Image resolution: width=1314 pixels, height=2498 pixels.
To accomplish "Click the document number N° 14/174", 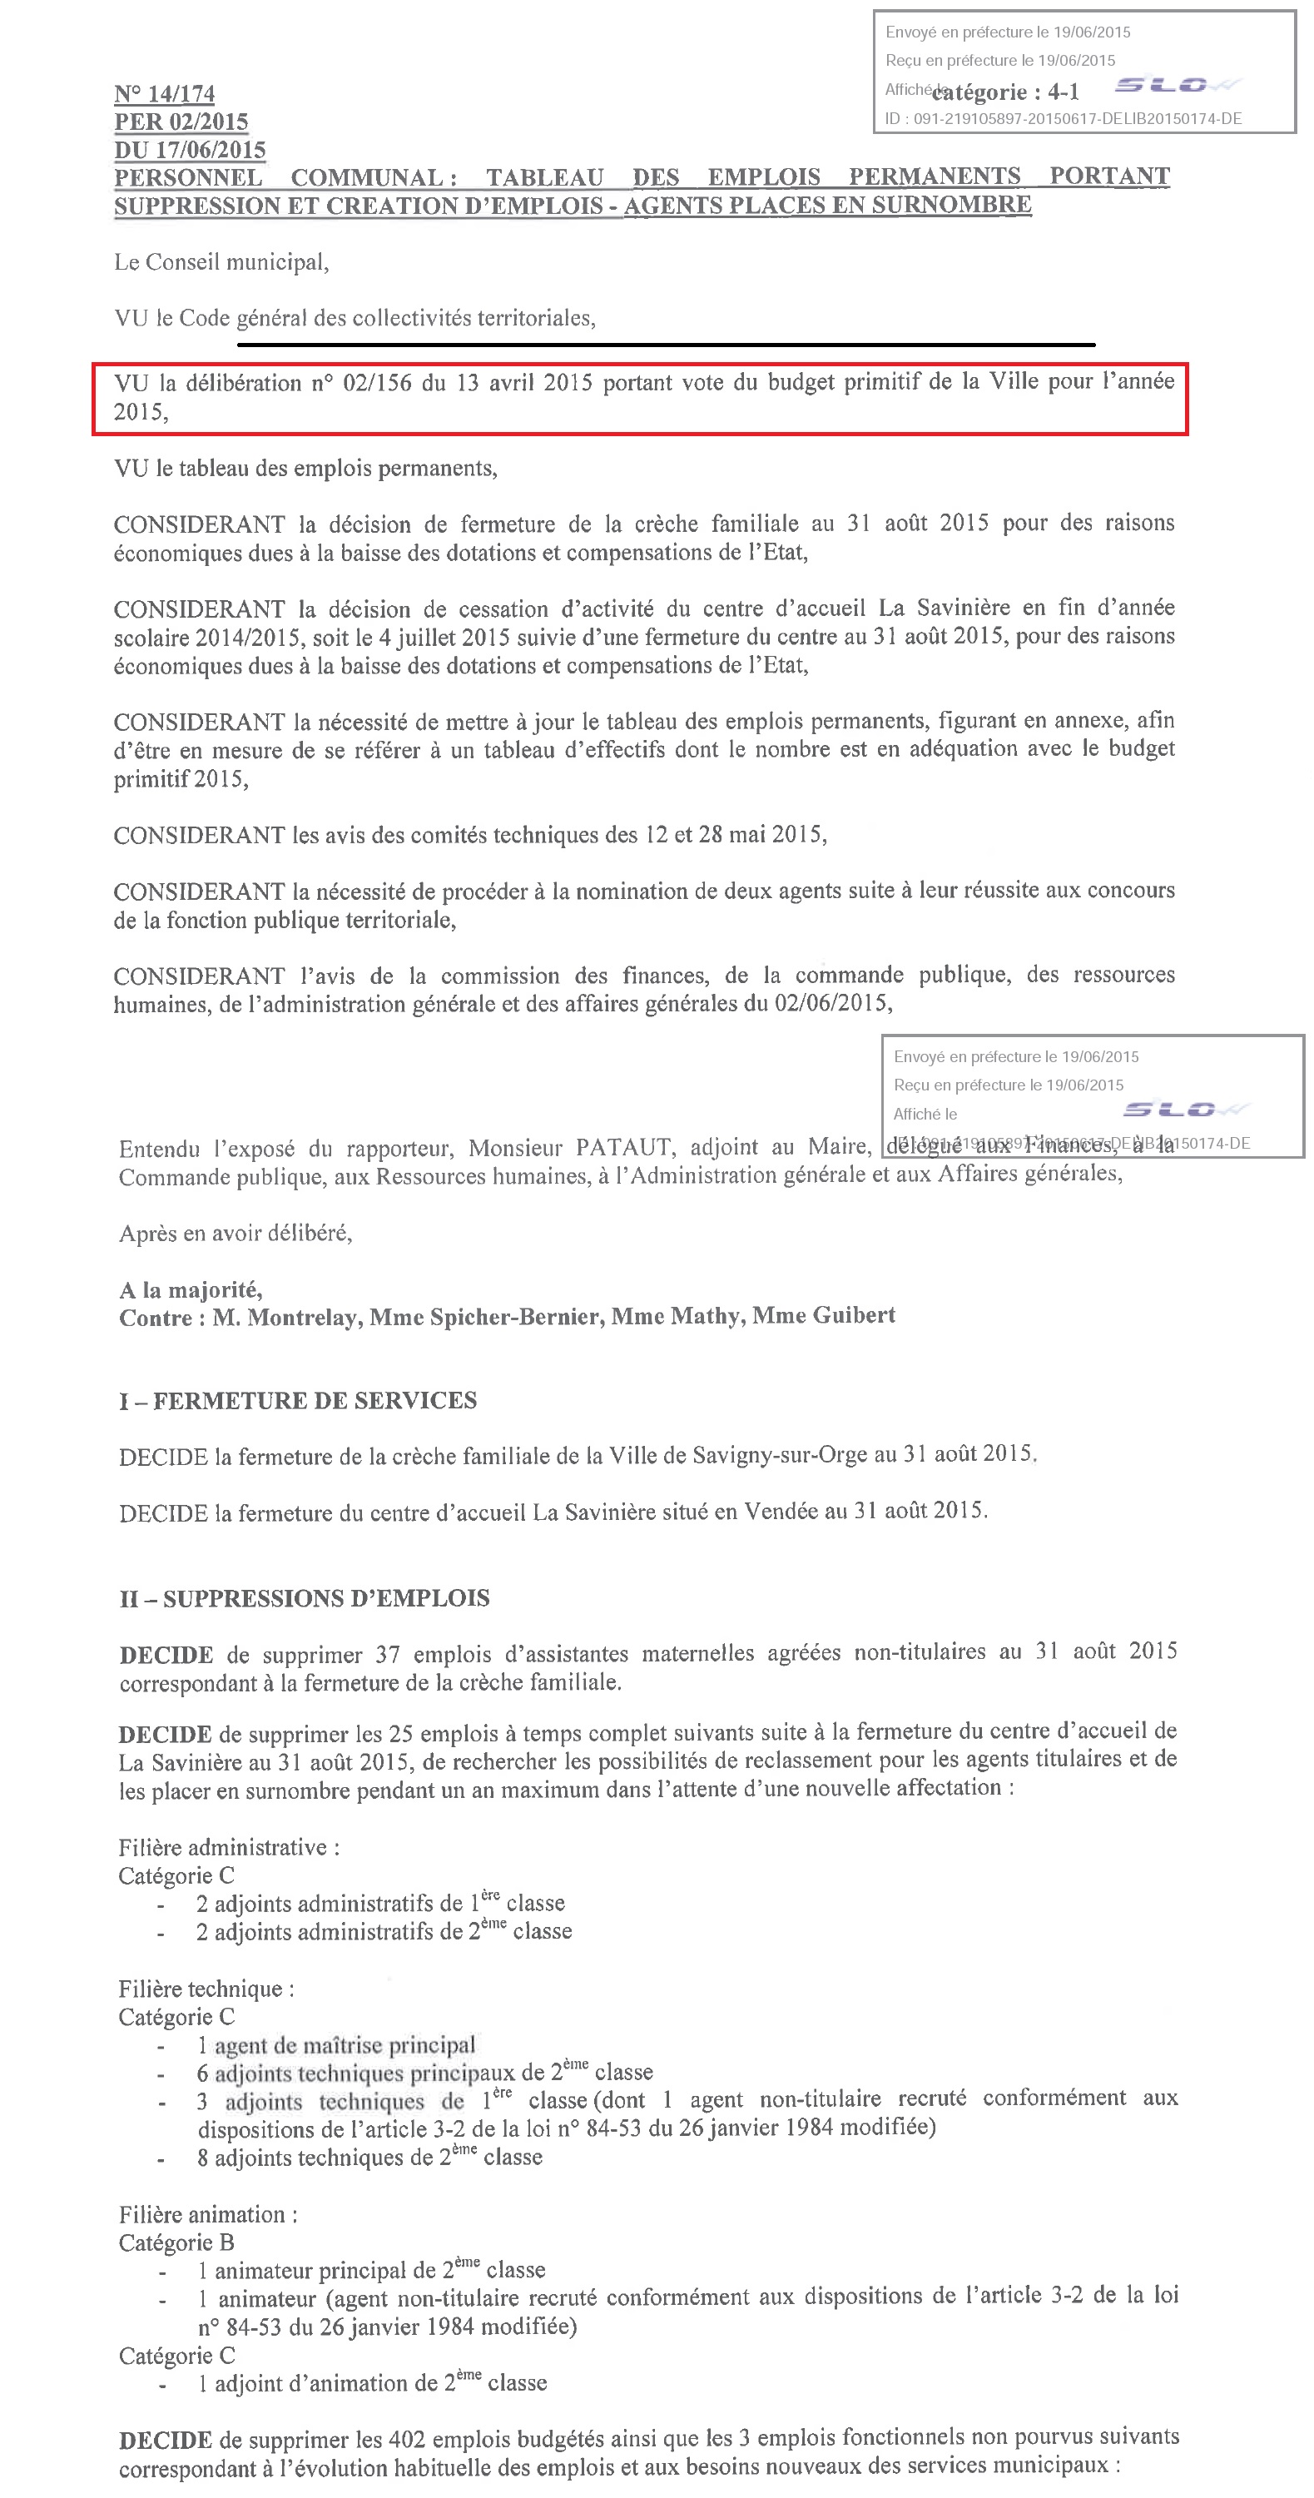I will tap(164, 94).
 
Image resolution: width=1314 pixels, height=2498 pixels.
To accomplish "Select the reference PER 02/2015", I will tap(181, 122).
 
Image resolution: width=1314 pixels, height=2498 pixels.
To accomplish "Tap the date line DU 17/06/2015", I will tap(189, 151).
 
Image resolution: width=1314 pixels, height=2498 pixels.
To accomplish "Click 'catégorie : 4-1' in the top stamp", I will tap(1004, 92).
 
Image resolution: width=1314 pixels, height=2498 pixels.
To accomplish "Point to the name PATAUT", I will tap(622, 1147).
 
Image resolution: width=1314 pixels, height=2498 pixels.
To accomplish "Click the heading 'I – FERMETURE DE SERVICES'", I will tap(298, 1400).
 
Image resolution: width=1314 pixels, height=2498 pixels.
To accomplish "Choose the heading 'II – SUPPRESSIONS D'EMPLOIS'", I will tap(305, 1598).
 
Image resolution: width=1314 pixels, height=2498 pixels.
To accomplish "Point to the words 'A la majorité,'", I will tap(190, 1289).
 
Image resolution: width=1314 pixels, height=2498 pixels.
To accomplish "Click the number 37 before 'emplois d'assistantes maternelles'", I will tap(387, 1654).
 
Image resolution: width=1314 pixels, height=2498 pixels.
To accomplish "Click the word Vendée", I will tap(781, 1512).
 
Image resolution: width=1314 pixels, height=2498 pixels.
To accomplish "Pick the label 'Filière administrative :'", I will tap(229, 1847).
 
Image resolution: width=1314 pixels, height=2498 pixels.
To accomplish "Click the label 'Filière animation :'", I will tap(207, 2214).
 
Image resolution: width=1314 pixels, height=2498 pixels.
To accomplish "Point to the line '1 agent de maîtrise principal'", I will tap(335, 2045).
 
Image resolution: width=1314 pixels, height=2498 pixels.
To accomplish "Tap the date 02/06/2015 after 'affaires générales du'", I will tap(831, 1003).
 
